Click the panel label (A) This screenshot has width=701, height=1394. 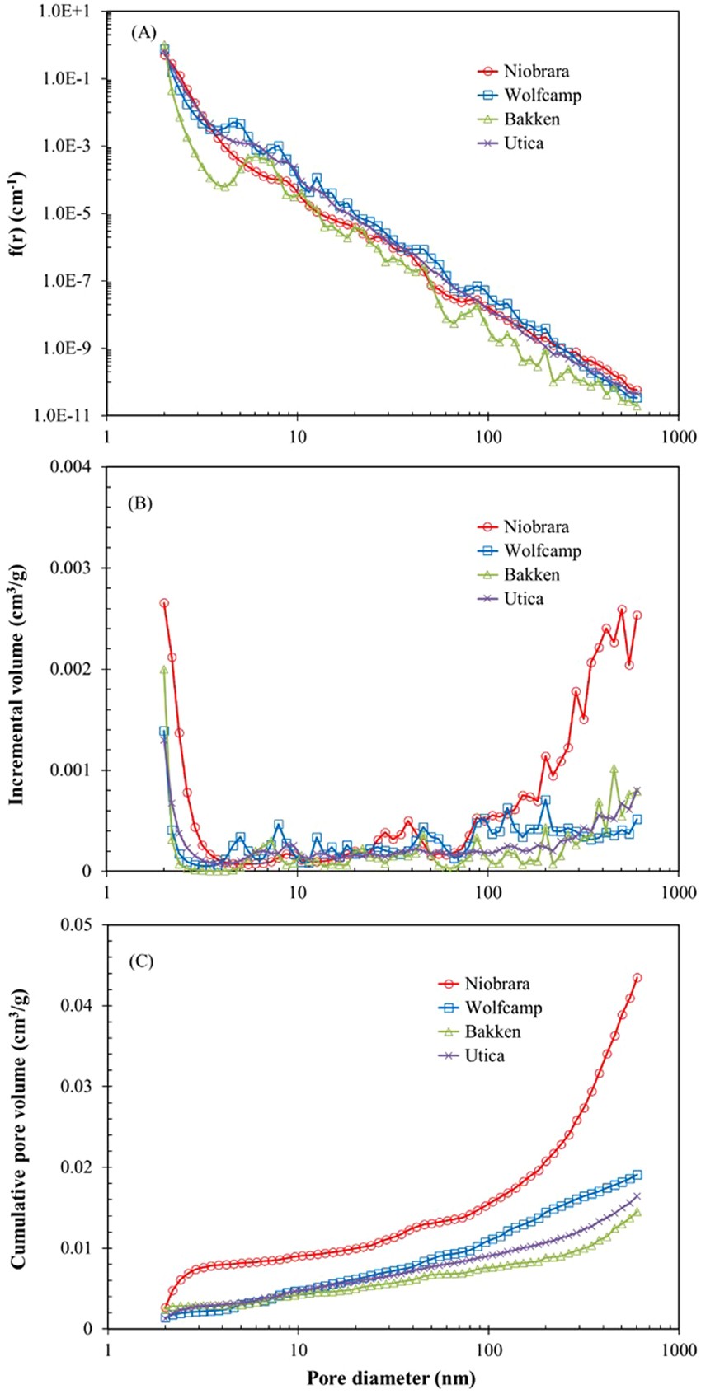pyautogui.click(x=141, y=34)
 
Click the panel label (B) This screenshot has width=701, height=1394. pyautogui.click(x=141, y=503)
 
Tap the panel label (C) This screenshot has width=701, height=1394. pyautogui.click(x=141, y=961)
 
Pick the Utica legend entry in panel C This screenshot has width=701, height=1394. pyautogui.click(x=487, y=1055)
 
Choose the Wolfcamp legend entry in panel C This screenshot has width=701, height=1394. pyautogui.click(x=504, y=1008)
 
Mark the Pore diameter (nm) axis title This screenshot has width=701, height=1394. pyautogui.click(x=392, y=1378)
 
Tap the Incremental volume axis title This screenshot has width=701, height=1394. pyautogui.click(x=15, y=669)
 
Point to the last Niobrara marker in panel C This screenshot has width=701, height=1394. pyautogui.click(x=637, y=978)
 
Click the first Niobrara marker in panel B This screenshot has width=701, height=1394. pyautogui.click(x=164, y=603)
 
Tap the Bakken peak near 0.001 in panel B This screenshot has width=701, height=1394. pyautogui.click(x=614, y=769)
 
